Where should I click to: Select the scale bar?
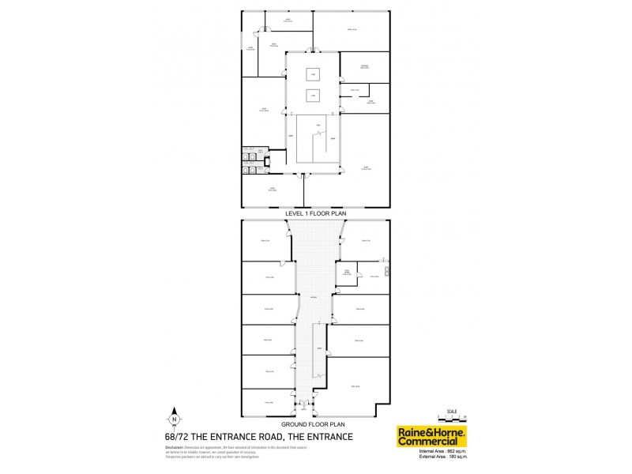(x=452, y=415)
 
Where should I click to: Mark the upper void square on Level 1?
(x=313, y=75)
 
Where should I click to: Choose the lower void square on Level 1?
(x=313, y=96)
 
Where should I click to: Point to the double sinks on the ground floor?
(x=385, y=273)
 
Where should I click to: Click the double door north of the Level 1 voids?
(x=313, y=52)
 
